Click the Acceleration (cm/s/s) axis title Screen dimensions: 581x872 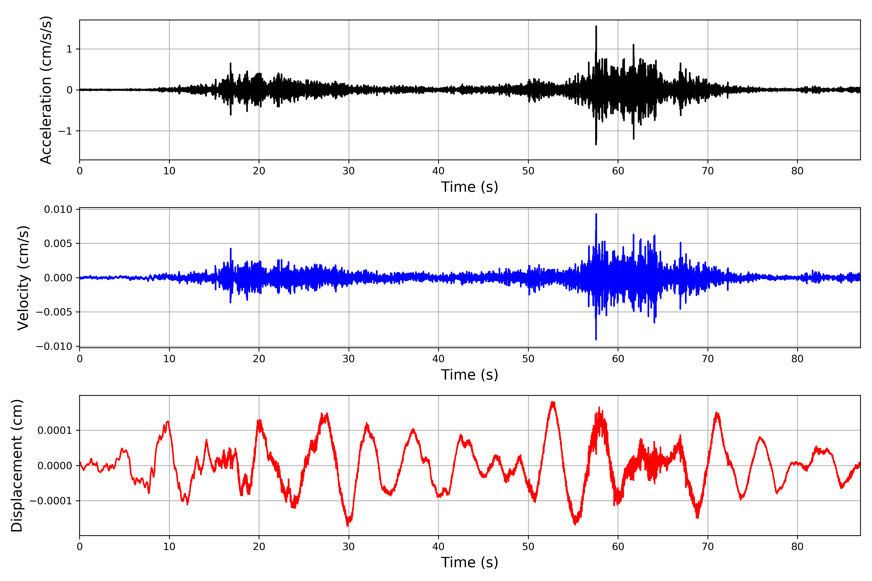pyautogui.click(x=46, y=90)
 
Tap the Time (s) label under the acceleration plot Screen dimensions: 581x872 pyautogui.click(x=469, y=187)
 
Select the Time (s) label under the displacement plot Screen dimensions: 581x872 pyautogui.click(x=469, y=562)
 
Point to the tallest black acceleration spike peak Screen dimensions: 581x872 pyautogui.click(x=596, y=27)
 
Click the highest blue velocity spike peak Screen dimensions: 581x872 pyautogui.click(x=596, y=214)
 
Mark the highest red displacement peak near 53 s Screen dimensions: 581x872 pyautogui.click(x=553, y=402)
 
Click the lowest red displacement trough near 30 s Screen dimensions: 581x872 pyautogui.click(x=347, y=525)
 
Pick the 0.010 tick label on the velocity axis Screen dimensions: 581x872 pyautogui.click(x=58, y=209)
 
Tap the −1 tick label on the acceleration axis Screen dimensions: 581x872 pyautogui.click(x=65, y=131)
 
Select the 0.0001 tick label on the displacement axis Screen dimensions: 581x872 pyautogui.click(x=55, y=431)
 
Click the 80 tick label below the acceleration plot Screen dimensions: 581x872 pyautogui.click(x=797, y=171)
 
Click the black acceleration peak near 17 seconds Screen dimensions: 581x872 pyautogui.click(x=231, y=64)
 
